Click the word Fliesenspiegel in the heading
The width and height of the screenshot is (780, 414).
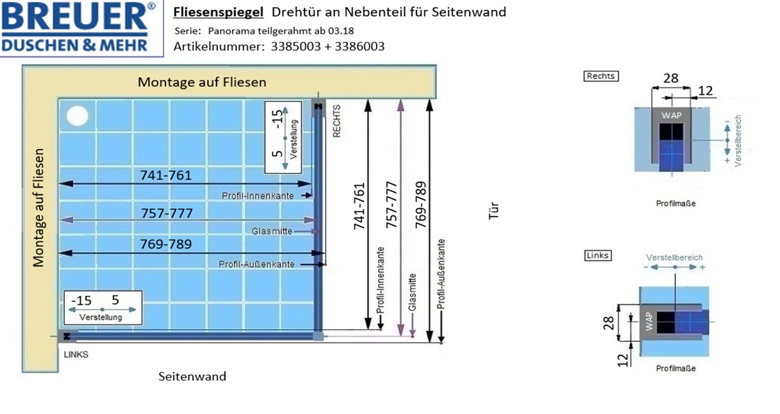[x=218, y=13]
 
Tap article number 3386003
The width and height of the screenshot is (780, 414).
[x=359, y=47]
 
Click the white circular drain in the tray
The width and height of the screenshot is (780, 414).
[x=77, y=116]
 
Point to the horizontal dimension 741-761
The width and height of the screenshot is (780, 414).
[x=166, y=175]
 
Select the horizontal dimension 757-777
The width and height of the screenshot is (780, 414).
[x=166, y=213]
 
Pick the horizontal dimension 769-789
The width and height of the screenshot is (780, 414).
[x=166, y=244]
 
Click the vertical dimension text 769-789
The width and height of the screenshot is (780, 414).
[x=421, y=204]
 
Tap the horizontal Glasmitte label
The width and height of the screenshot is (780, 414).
[x=272, y=231]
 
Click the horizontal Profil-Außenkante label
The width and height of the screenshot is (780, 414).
[x=257, y=264]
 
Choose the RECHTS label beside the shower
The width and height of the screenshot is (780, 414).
[x=337, y=121]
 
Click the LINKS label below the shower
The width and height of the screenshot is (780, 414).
[x=76, y=355]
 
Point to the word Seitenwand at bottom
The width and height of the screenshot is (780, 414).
[x=192, y=376]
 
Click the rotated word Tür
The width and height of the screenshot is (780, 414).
[x=493, y=211]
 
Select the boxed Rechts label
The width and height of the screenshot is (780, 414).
[x=601, y=76]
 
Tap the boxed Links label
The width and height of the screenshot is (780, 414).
[x=598, y=255]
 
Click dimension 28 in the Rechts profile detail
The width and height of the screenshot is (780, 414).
[x=670, y=78]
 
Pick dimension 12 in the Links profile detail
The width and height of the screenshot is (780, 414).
[x=623, y=359]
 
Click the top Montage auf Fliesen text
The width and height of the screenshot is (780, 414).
[x=202, y=82]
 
